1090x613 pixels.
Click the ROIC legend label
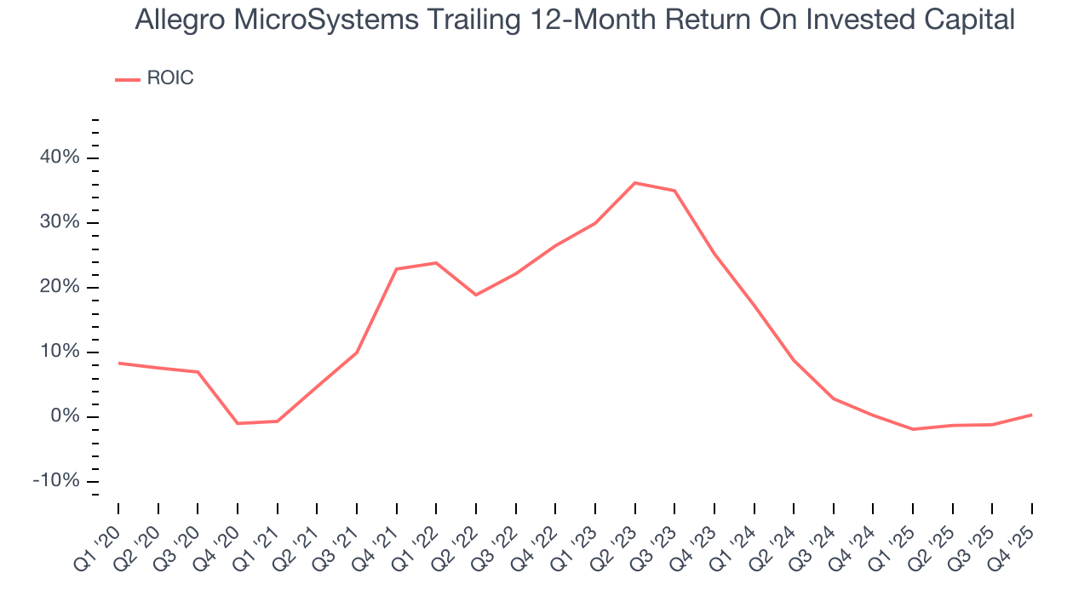click(170, 78)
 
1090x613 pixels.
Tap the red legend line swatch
click(128, 79)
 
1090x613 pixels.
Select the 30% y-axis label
click(58, 222)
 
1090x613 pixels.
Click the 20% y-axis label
click(58, 287)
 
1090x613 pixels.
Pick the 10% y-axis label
click(58, 352)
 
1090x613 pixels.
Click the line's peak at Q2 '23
click(635, 183)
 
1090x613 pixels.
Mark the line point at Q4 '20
click(238, 423)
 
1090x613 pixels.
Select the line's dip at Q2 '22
click(476, 295)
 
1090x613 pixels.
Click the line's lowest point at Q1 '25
click(913, 429)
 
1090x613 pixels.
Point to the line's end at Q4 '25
click(1031, 415)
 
